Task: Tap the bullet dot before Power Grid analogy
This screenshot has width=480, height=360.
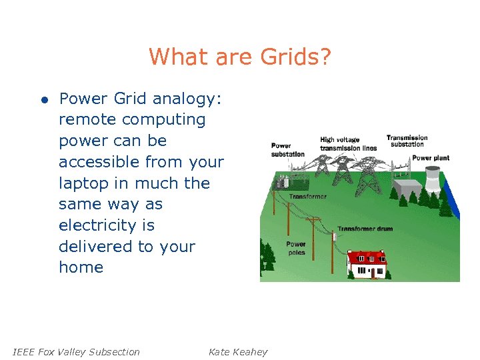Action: [43, 100]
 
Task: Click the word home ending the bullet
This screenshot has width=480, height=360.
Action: [81, 267]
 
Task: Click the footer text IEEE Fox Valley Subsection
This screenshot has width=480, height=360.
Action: [77, 352]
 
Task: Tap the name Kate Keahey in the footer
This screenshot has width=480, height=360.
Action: [237, 352]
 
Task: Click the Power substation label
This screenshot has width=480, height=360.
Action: [287, 150]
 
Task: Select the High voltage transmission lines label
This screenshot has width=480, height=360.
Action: [347, 144]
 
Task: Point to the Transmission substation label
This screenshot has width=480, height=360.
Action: [407, 141]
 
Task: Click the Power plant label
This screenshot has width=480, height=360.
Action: [430, 158]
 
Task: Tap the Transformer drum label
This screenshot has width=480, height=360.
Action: [364, 229]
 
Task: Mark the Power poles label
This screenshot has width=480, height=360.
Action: [296, 249]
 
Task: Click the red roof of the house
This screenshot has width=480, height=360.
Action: [367, 257]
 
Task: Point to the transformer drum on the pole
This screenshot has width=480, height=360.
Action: [334, 236]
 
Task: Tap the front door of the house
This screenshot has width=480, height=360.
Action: [369, 272]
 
